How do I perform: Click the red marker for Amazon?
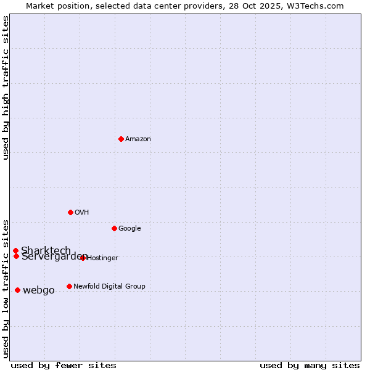click(121, 139)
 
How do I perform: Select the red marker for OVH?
click(70, 212)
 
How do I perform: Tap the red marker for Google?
click(114, 228)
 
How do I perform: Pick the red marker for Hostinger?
click(83, 258)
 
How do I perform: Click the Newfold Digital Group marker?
click(69, 286)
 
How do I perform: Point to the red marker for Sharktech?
click(15, 250)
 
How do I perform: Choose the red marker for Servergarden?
click(16, 256)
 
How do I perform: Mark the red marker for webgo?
click(17, 290)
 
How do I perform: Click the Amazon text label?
click(138, 139)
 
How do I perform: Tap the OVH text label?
click(81, 213)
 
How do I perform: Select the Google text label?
click(129, 229)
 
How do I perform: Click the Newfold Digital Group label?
click(109, 286)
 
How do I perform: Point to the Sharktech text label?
click(46, 250)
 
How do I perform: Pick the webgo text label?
click(38, 290)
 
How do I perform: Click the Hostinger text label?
click(102, 258)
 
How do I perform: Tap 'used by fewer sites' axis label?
click(64, 365)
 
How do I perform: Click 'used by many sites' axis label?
click(310, 365)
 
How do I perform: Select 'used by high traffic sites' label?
click(6, 88)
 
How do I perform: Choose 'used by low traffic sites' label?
click(6, 288)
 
